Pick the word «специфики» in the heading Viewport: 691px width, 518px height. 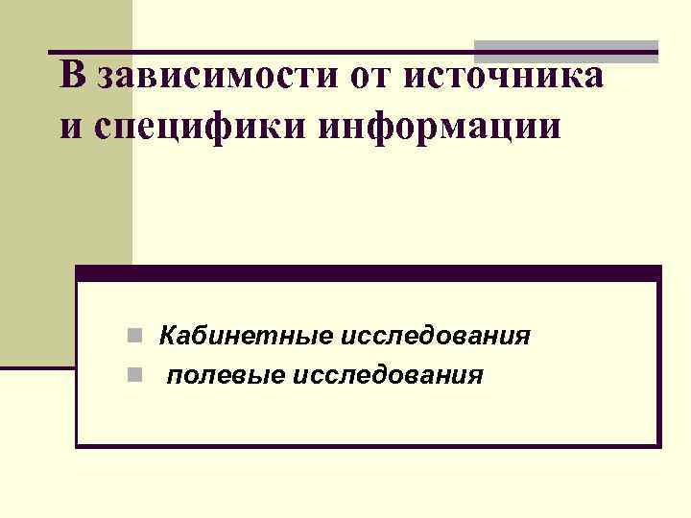click(x=185, y=129)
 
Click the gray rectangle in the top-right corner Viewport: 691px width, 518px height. click(x=566, y=52)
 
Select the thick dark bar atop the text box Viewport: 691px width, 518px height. click(x=369, y=273)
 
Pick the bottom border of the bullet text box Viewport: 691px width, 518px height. click(x=369, y=445)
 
